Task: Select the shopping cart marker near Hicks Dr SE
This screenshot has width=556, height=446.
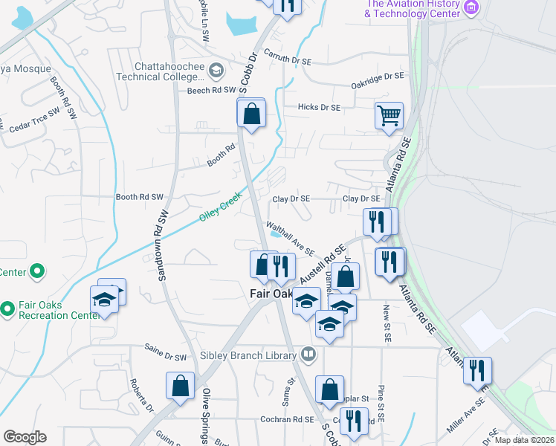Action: tap(388, 116)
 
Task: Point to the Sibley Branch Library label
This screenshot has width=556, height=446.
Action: tap(248, 356)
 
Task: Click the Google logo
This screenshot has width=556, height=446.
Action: tap(25, 437)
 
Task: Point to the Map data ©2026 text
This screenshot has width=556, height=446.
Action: tap(525, 440)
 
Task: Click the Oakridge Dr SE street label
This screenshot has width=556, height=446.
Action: tap(377, 77)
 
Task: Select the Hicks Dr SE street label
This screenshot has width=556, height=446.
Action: tap(318, 108)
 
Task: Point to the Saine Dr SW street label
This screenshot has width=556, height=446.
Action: tap(165, 356)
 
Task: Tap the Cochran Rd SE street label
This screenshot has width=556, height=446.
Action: tap(287, 419)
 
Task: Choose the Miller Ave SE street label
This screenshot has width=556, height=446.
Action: tap(466, 416)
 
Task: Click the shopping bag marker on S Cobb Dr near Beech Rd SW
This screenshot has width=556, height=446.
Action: tap(251, 114)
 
